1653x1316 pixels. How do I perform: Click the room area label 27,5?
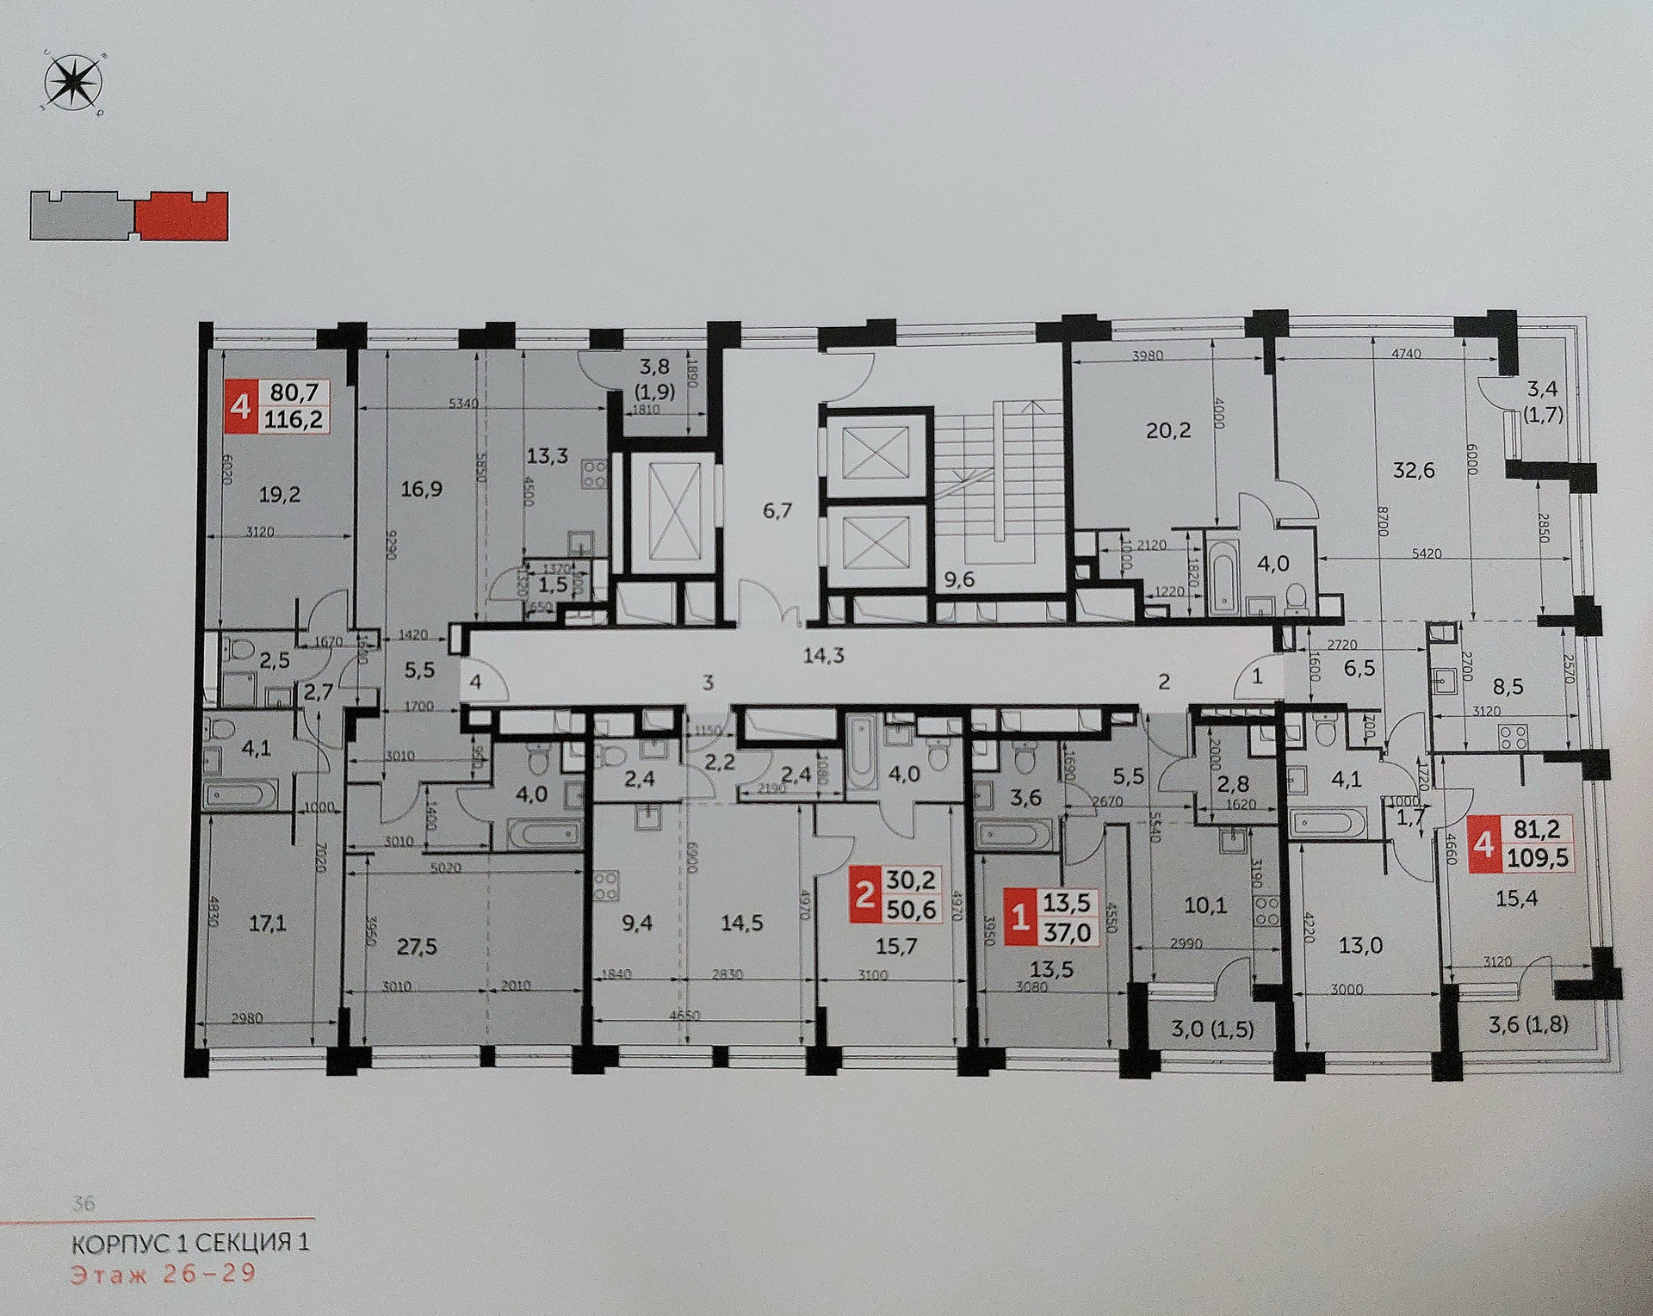point(418,947)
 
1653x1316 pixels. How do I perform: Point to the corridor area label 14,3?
point(823,655)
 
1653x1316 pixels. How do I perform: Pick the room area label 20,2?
point(1169,429)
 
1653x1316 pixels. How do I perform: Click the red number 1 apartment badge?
point(1021,918)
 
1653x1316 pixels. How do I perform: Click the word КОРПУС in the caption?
point(129,1244)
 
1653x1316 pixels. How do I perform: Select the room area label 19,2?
point(278,495)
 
